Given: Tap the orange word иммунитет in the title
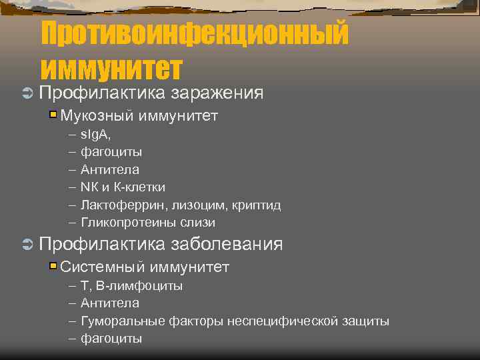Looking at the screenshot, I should (x=111, y=67).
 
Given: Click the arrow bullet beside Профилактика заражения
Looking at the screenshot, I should (x=27, y=93).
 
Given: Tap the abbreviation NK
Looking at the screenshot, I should (x=88, y=187).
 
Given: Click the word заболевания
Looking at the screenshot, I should (x=227, y=244).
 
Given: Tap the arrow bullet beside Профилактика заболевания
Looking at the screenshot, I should (x=27, y=245).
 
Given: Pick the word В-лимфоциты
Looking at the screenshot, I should (x=139, y=286).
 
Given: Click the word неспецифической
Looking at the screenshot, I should (x=279, y=321).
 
